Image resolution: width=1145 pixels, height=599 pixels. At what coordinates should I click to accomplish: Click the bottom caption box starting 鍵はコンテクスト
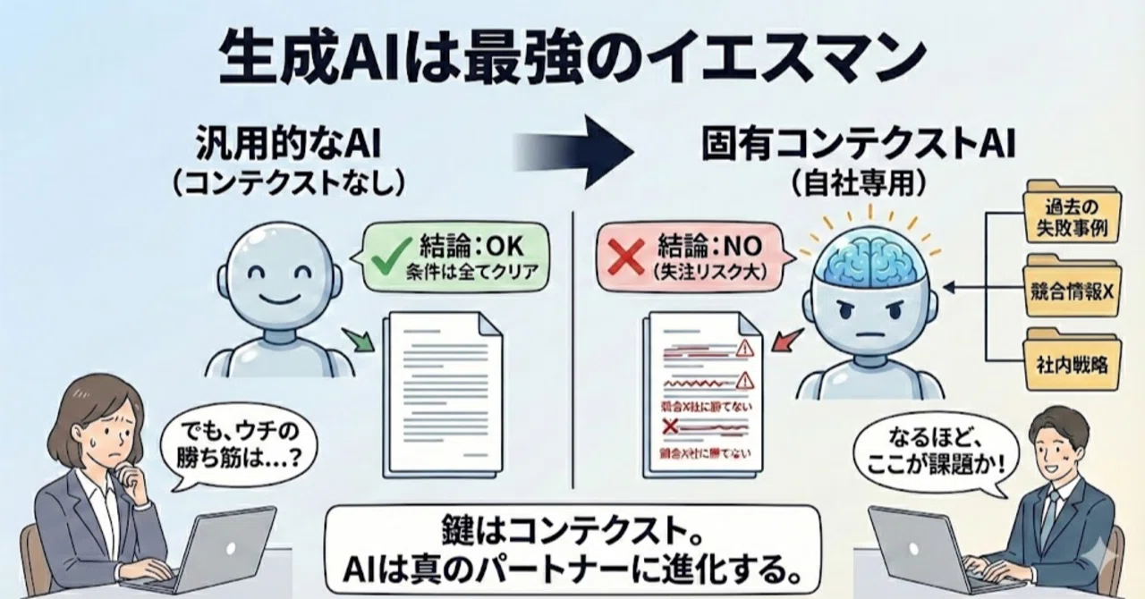572,550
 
